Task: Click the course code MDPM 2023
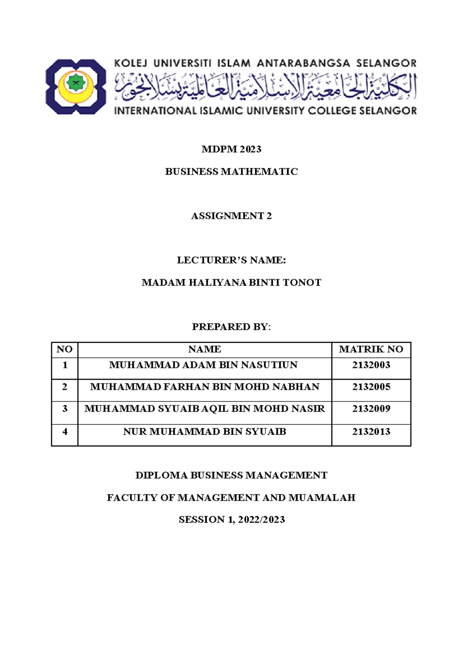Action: click(231, 149)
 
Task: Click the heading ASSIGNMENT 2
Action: click(231, 216)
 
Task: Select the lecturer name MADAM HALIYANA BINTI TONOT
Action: click(231, 283)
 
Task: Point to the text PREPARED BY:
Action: click(231, 327)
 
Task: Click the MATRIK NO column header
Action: click(371, 349)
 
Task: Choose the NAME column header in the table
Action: click(204, 349)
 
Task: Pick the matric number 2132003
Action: click(371, 365)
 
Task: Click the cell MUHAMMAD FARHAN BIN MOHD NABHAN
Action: click(204, 387)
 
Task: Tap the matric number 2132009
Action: click(371, 409)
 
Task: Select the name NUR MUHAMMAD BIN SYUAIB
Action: click(204, 432)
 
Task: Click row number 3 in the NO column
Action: click(64, 409)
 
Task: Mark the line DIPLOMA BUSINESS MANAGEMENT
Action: click(231, 475)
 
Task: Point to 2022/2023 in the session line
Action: click(261, 520)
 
